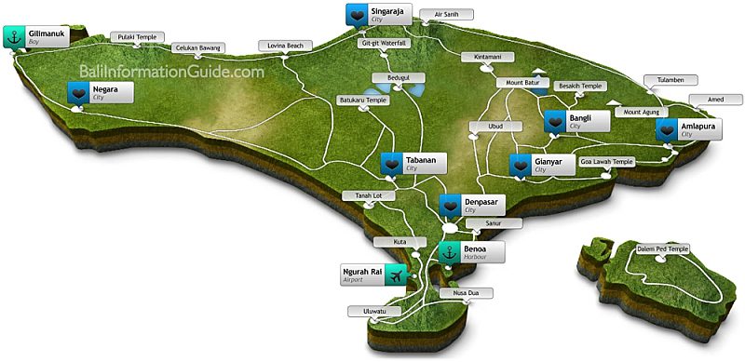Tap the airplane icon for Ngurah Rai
coord(398,275)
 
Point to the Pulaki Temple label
coord(134,37)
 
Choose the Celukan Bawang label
coord(199,48)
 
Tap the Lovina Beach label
coord(285,45)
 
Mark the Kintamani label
coord(489,57)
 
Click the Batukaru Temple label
coord(362,100)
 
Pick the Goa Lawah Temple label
coord(607,161)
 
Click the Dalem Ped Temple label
coord(663,248)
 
